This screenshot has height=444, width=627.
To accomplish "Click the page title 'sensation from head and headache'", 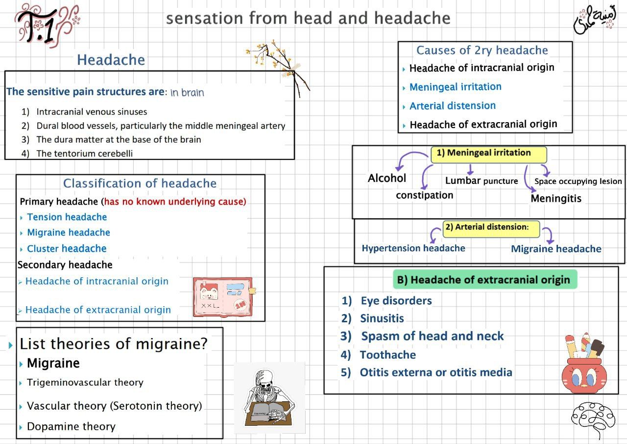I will (308, 18).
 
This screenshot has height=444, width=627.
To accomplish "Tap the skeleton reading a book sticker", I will (269, 398).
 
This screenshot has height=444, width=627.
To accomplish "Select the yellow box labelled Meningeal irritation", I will (488, 154).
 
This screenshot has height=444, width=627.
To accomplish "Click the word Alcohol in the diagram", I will (387, 178).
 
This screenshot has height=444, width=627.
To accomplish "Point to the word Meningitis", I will (556, 199).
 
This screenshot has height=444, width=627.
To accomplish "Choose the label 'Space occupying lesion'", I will (578, 182).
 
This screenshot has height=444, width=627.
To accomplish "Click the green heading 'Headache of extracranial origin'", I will (484, 280).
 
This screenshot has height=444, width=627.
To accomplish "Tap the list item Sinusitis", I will (382, 318).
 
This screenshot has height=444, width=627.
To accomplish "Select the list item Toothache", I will (387, 355).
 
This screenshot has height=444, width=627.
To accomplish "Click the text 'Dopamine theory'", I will (71, 426).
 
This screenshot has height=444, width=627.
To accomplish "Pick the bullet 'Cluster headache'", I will (67, 249).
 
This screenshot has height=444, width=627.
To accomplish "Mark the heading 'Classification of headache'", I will (140, 183).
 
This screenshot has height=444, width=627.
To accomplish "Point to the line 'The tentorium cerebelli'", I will (84, 153).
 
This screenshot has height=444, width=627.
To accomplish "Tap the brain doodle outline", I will (593, 419).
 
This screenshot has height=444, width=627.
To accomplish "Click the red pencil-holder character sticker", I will (582, 366).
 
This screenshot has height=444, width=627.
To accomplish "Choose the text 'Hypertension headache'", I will (413, 248).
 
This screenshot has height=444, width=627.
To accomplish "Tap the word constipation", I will (424, 195).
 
